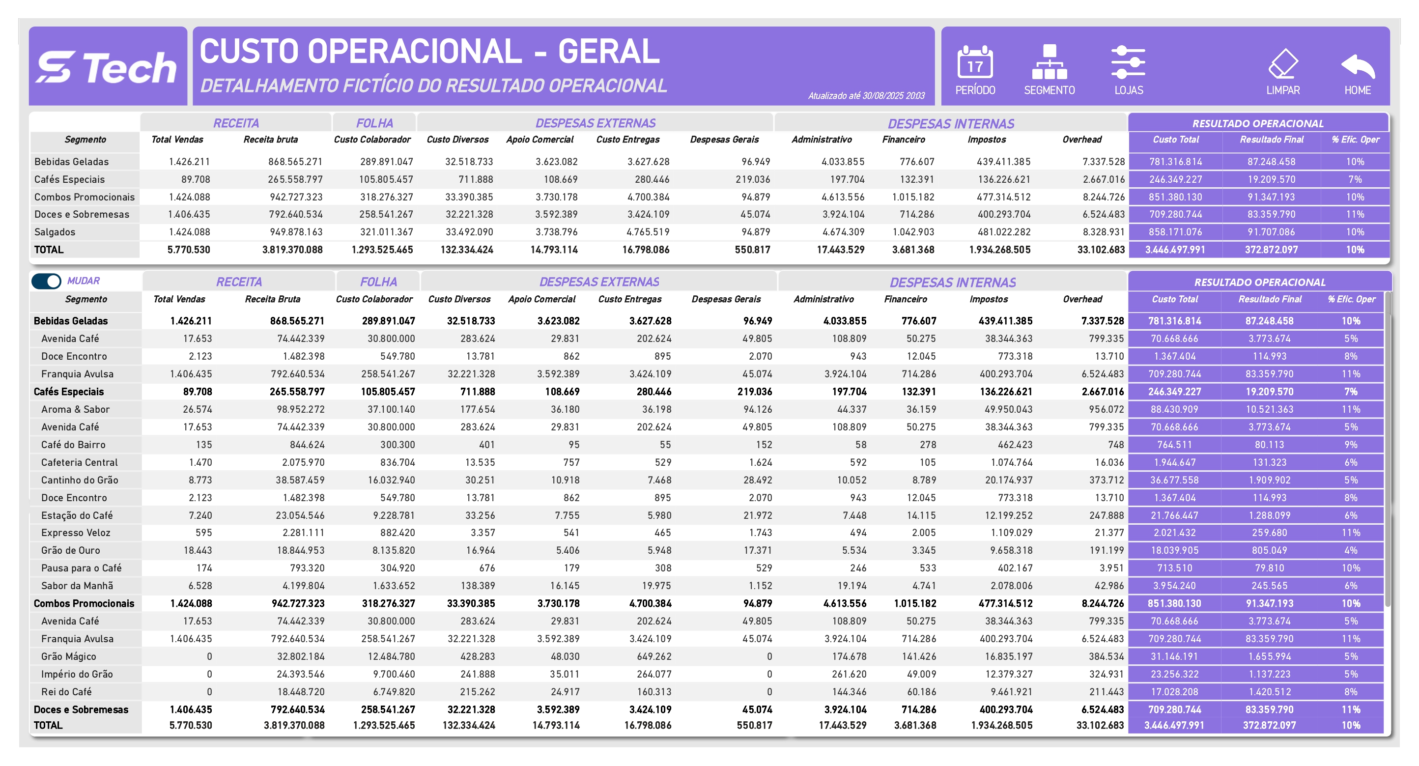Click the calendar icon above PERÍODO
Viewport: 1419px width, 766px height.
974,63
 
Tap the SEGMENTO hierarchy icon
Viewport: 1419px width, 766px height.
1049,63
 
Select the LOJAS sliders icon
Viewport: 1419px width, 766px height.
1128,63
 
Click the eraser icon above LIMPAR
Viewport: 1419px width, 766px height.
1282,64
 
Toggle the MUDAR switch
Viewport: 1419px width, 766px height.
46,282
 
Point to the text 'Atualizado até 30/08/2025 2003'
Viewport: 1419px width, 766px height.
866,96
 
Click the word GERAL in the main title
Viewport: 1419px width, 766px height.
608,52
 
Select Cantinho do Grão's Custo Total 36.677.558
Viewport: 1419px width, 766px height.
1174,480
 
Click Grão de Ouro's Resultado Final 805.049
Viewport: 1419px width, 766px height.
1269,551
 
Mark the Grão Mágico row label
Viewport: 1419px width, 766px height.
68,657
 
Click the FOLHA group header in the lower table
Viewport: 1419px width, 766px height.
378,282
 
